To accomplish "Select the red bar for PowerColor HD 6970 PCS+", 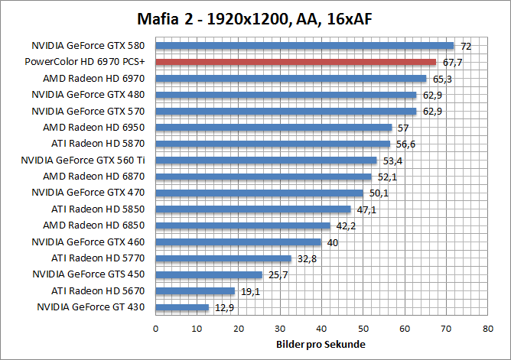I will tap(295, 62).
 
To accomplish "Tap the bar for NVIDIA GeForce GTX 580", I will tap(304, 46).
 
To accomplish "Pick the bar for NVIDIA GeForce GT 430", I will tap(182, 307).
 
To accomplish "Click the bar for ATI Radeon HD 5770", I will tap(223, 258).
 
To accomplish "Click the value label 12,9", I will tap(224, 307).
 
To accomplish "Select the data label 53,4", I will tap(392, 161).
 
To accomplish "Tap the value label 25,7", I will tap(277, 274).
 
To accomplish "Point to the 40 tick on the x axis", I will tap(321, 329).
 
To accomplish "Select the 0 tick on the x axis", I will tap(156, 329).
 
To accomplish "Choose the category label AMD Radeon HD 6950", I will tap(99, 127).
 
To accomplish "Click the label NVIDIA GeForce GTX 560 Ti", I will tap(83, 160).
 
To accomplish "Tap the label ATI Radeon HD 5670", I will tap(99, 290).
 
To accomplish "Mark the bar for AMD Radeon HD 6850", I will tap(242, 225).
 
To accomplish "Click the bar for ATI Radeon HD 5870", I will tap(273, 144).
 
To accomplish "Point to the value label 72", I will tap(465, 47).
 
